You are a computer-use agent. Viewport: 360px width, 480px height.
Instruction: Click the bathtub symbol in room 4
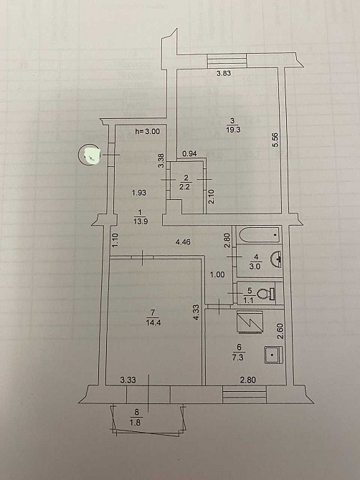pyautogui.click(x=260, y=235)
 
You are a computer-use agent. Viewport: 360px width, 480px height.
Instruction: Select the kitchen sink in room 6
pyautogui.click(x=273, y=355)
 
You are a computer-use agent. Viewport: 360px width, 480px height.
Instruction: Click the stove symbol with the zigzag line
pyautogui.click(x=250, y=322)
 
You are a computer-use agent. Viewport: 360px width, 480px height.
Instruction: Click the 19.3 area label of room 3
pyautogui.click(x=233, y=130)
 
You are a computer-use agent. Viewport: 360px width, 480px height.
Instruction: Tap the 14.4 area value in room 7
pyautogui.click(x=153, y=322)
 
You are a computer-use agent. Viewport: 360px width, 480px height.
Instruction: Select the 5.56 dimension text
pyautogui.click(x=275, y=140)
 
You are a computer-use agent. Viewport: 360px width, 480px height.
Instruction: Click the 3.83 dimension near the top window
pyautogui.click(x=224, y=73)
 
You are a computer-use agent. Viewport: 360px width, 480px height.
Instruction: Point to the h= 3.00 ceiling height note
pyautogui.click(x=147, y=132)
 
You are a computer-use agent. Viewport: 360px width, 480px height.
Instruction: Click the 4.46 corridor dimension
pyautogui.click(x=183, y=242)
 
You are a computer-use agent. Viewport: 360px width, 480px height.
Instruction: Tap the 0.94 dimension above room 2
pyautogui.click(x=189, y=154)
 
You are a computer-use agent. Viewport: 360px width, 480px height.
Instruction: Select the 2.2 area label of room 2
pyautogui.click(x=185, y=186)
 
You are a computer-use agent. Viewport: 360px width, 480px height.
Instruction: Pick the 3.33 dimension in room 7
pyautogui.click(x=128, y=380)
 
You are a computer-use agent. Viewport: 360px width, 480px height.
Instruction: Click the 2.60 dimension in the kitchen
pyautogui.click(x=280, y=332)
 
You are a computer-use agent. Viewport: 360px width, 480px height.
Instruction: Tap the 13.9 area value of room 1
pyautogui.click(x=141, y=221)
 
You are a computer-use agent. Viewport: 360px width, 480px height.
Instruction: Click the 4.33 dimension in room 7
pyautogui.click(x=196, y=312)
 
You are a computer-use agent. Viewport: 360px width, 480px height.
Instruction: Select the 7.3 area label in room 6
pyautogui.click(x=237, y=357)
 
